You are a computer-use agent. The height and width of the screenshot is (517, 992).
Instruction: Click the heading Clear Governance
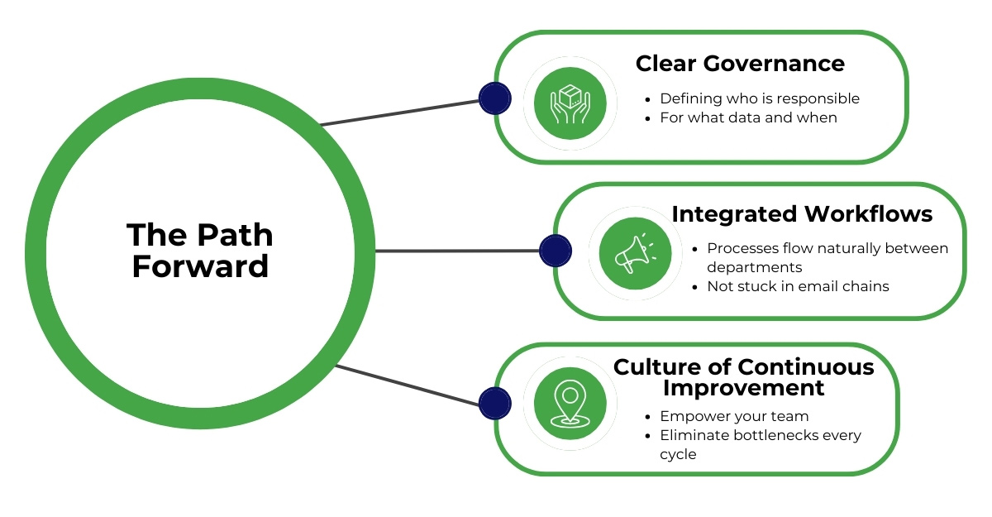pyautogui.click(x=740, y=64)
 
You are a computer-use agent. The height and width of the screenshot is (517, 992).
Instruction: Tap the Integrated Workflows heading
pyautogui.click(x=802, y=214)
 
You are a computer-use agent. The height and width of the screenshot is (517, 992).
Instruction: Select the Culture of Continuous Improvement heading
pyautogui.click(x=743, y=377)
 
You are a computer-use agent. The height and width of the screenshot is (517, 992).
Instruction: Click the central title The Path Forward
pyautogui.click(x=200, y=251)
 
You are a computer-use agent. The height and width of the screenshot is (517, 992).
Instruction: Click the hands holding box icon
pyautogui.click(x=570, y=103)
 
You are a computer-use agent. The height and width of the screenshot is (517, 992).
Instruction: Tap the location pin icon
pyautogui.click(x=570, y=403)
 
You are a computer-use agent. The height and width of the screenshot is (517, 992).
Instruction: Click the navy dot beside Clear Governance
pyautogui.click(x=494, y=98)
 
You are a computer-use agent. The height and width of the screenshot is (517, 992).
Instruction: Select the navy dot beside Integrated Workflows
pyautogui.click(x=555, y=250)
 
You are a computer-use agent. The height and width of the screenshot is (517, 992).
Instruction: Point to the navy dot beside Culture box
pyautogui.click(x=494, y=403)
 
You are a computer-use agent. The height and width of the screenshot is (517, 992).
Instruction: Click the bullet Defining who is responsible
pyautogui.click(x=759, y=98)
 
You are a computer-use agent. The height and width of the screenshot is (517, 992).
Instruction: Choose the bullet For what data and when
pyautogui.click(x=747, y=117)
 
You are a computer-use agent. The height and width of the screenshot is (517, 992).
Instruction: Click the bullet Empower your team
pyautogui.click(x=733, y=416)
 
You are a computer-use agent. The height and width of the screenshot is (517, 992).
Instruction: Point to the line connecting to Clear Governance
pyautogui.click(x=401, y=113)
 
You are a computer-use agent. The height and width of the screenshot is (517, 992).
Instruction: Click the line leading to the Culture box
pyautogui.click(x=405, y=385)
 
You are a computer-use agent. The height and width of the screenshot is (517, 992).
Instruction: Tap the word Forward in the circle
pyautogui.click(x=200, y=266)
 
